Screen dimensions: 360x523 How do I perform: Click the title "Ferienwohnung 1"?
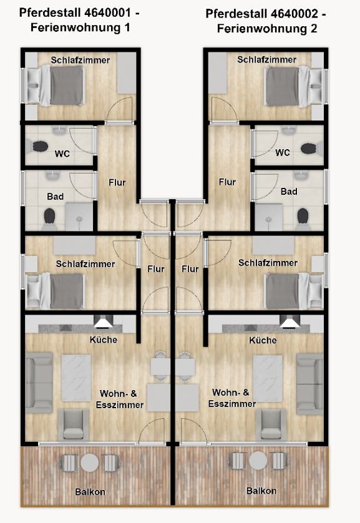pyautogui.click(x=80, y=27)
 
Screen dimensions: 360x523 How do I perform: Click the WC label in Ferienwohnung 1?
pyautogui.click(x=62, y=154)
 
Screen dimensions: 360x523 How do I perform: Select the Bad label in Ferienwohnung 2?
pyautogui.click(x=289, y=192)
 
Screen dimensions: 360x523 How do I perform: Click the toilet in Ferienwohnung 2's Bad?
pyautogui.click(x=303, y=218)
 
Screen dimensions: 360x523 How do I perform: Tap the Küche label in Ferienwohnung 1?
pyautogui.click(x=104, y=340)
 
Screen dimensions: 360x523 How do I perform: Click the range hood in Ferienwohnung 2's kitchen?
pyautogui.click(x=289, y=321)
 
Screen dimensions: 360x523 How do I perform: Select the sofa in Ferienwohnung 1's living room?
pyautogui.click(x=39, y=383)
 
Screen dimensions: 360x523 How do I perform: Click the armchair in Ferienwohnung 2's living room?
pyautogui.click(x=271, y=425)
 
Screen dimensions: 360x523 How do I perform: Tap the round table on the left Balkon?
pyautogui.click(x=90, y=462)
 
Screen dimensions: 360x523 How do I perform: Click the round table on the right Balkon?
pyautogui.click(x=258, y=461)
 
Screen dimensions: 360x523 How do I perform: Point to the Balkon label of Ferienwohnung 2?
pyautogui.click(x=261, y=491)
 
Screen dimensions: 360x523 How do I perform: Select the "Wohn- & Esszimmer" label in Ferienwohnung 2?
pyautogui.click(x=232, y=398)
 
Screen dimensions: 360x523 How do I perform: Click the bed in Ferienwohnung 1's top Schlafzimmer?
pyautogui.click(x=56, y=86)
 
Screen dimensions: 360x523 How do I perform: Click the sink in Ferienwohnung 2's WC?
pyautogui.click(x=289, y=130)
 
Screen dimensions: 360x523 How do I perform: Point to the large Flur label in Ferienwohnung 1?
pyautogui.click(x=117, y=183)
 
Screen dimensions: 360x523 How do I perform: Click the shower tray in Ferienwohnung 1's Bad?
pyautogui.click(x=79, y=217)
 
